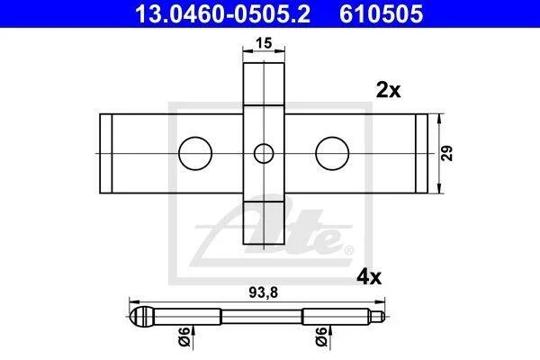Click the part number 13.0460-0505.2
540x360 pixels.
pos(222,13)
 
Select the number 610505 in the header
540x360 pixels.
pos(382,13)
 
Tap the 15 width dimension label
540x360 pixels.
pos(264,43)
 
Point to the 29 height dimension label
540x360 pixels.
pos(447,153)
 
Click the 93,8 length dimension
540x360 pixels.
pos(263,292)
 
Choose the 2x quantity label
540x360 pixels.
pos(389,90)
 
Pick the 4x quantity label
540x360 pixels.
pos(369,277)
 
